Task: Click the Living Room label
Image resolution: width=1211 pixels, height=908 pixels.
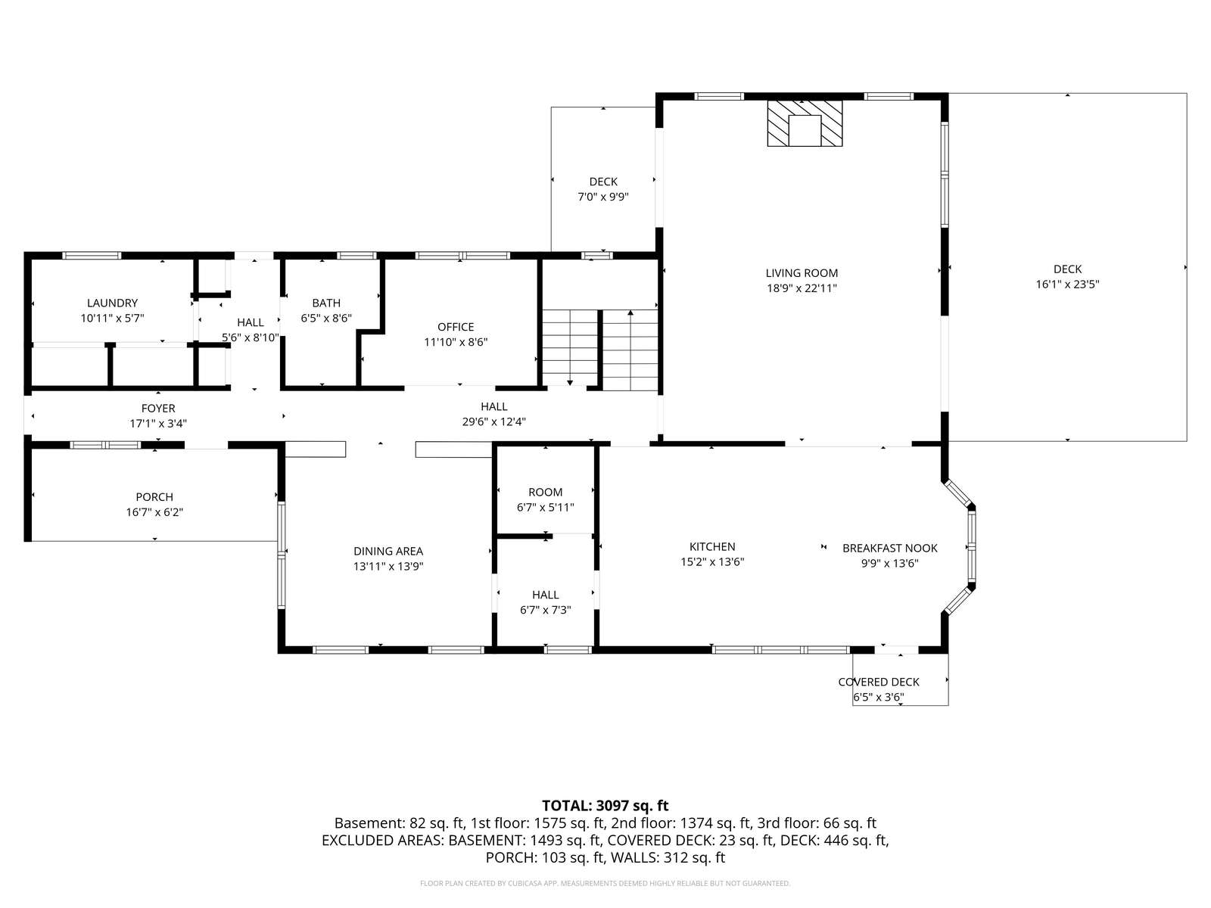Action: coord(801,273)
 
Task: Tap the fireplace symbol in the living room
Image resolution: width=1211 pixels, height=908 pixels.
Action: coord(805,123)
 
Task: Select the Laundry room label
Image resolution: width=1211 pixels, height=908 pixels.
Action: coord(112,303)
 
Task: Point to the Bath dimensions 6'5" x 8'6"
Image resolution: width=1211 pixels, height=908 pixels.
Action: coord(326,318)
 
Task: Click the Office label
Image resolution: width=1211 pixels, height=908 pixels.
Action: coord(456,327)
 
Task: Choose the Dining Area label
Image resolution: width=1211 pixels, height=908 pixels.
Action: coord(388,551)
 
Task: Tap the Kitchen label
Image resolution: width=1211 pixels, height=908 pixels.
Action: coord(712,546)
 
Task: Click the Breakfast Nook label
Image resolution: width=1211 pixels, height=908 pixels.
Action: coord(890,548)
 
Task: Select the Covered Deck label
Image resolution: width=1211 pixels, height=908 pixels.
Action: coord(879,682)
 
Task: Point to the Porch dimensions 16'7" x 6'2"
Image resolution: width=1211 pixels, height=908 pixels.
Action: coord(154,512)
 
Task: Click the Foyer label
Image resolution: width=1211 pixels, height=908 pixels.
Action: coord(158,409)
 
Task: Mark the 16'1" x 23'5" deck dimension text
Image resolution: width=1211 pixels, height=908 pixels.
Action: coord(1067,285)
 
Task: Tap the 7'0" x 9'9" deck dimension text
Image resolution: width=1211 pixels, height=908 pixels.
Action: coord(603,197)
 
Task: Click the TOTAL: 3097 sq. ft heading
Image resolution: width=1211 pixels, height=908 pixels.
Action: coord(605,805)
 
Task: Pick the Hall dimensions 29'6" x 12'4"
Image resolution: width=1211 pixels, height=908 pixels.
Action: coord(493,421)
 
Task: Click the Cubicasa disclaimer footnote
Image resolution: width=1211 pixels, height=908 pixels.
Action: coord(605,883)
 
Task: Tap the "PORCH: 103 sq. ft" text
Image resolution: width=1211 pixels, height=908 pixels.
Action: coord(557,857)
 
